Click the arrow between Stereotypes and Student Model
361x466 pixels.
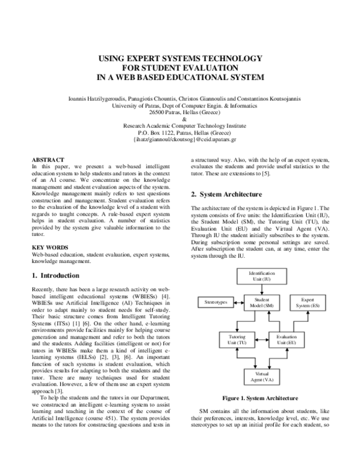point(236,301)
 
